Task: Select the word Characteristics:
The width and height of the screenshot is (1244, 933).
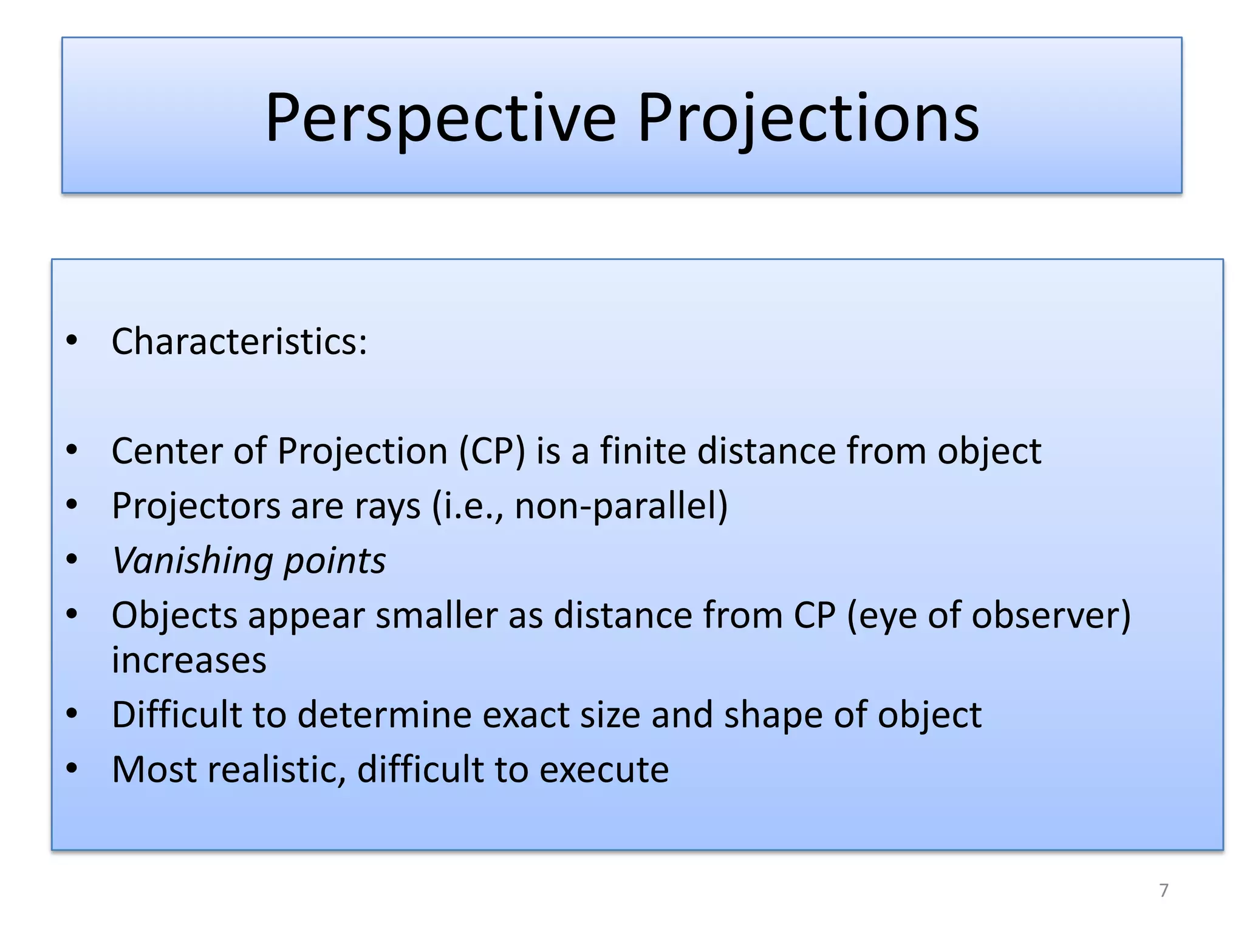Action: [239, 341]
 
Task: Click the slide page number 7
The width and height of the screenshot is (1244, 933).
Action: [1163, 890]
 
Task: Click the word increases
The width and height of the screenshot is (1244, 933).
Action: [189, 661]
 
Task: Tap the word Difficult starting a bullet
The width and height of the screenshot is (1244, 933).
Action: [177, 714]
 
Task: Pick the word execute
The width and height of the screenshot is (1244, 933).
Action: [604, 770]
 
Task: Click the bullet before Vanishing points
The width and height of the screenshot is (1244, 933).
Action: [72, 559]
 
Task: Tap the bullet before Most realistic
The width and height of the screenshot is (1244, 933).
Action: [72, 768]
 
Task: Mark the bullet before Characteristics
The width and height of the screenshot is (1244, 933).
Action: [72, 340]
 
